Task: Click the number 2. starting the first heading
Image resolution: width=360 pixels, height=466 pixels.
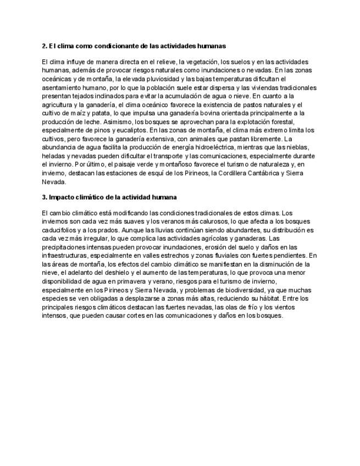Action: tap(45, 46)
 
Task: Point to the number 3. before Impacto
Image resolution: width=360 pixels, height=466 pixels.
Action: tap(45, 197)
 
